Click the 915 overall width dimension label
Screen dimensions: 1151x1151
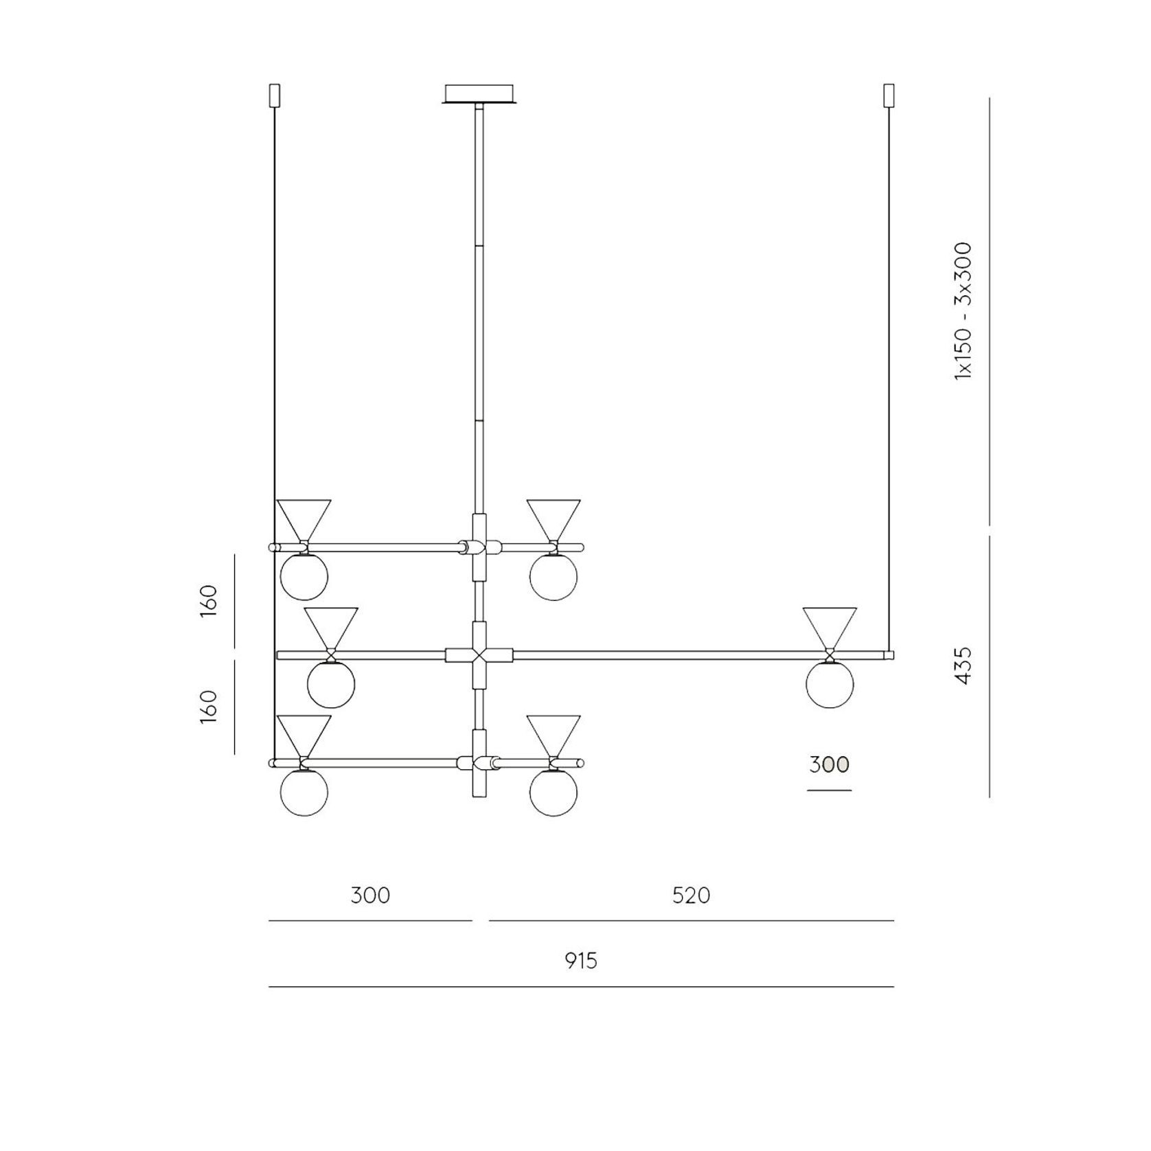(x=581, y=960)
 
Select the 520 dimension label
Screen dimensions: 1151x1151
(x=691, y=896)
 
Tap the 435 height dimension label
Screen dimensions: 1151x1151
(x=964, y=665)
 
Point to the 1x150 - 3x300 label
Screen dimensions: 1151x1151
(x=964, y=310)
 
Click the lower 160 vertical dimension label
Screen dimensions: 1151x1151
(x=209, y=706)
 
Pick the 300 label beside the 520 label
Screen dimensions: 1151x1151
(x=370, y=896)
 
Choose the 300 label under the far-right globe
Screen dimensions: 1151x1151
(x=829, y=764)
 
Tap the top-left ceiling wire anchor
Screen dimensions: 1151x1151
(x=275, y=95)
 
